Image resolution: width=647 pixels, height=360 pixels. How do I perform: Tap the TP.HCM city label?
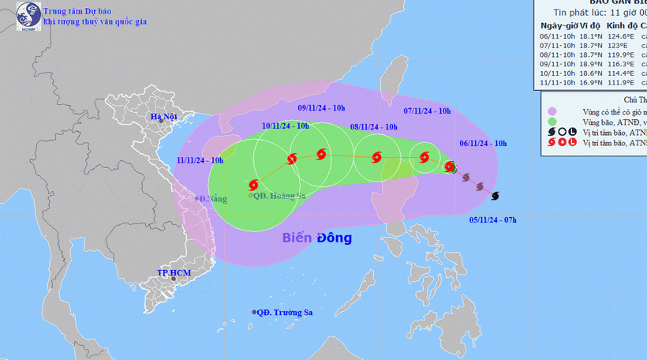(174, 273)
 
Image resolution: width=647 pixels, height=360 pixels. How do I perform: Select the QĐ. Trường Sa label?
(286, 313)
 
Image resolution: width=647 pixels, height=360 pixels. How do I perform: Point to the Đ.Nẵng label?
(213, 198)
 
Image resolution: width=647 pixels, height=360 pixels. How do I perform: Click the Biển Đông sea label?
(317, 238)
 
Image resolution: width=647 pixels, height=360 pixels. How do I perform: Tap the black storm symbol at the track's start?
(496, 195)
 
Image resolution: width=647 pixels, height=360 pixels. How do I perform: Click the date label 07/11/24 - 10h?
(427, 111)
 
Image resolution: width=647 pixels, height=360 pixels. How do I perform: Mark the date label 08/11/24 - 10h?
(373, 127)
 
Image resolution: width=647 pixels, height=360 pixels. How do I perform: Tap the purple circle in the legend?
(552, 111)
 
